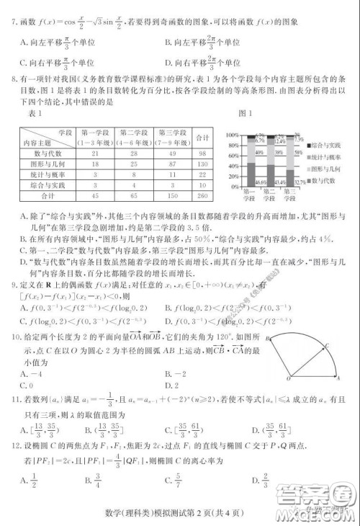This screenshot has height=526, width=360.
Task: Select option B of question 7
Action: (209, 42)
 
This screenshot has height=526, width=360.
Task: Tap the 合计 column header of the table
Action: (202, 137)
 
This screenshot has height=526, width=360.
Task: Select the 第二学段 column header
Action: (134, 137)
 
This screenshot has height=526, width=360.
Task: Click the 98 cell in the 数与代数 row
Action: (202, 152)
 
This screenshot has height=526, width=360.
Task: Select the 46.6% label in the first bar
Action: (241, 182)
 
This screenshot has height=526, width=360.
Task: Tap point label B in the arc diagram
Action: (267, 337)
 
